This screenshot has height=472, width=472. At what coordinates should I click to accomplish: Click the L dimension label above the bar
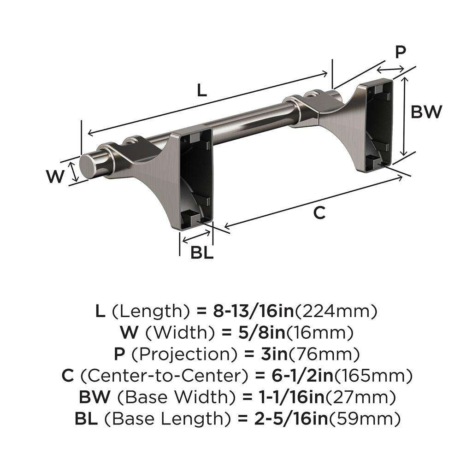pos(201,90)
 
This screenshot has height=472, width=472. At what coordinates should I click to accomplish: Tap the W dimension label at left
pos(55,177)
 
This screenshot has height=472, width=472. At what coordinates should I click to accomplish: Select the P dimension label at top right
pos(401,52)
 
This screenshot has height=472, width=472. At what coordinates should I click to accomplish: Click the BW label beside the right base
pos(426,112)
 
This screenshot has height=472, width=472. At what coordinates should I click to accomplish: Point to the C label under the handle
pos(319,213)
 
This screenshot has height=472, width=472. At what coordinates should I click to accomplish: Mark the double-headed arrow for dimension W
pos(73,172)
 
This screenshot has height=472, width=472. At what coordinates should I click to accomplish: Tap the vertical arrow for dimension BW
pos(405,117)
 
